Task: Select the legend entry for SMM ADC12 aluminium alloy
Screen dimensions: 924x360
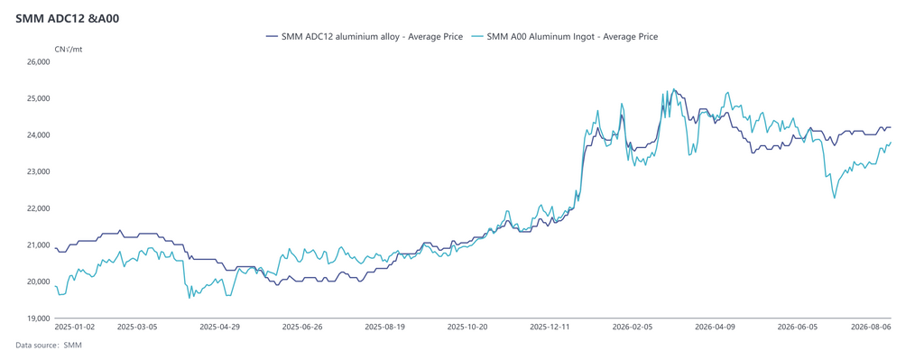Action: click(x=365, y=36)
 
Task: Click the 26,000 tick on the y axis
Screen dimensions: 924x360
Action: click(x=40, y=62)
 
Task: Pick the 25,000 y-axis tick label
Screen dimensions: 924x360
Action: click(x=40, y=98)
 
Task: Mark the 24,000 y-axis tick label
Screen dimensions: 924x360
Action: click(x=40, y=135)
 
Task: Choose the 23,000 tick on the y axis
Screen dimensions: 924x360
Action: click(x=40, y=171)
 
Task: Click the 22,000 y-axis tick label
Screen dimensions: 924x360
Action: click(x=40, y=208)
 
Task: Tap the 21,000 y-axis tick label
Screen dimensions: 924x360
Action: click(x=40, y=245)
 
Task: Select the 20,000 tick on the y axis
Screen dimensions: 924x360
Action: click(x=40, y=282)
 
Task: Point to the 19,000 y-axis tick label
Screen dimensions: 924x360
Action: click(x=40, y=318)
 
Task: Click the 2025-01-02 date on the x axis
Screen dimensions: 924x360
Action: click(x=74, y=326)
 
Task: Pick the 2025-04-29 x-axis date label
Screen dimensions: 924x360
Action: click(x=220, y=326)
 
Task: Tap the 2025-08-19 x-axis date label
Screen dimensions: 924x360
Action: click(x=384, y=326)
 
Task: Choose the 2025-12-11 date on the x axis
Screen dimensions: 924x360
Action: click(x=550, y=326)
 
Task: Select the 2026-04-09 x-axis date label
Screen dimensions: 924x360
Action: click(x=715, y=326)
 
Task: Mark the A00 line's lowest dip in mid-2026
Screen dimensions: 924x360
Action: click(x=835, y=198)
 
